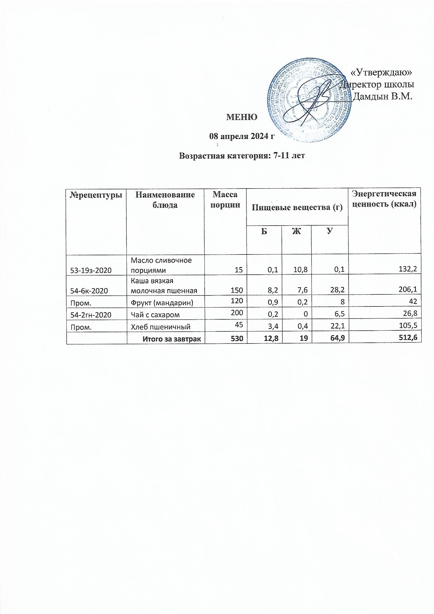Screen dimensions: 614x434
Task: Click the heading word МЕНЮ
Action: coord(242,117)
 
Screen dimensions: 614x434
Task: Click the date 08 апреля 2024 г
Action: coord(242,136)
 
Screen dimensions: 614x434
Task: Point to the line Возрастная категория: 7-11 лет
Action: coord(242,156)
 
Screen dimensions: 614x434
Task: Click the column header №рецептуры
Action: coord(97,195)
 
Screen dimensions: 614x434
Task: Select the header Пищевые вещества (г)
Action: coord(298,207)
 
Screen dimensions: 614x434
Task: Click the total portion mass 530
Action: coord(237,339)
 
